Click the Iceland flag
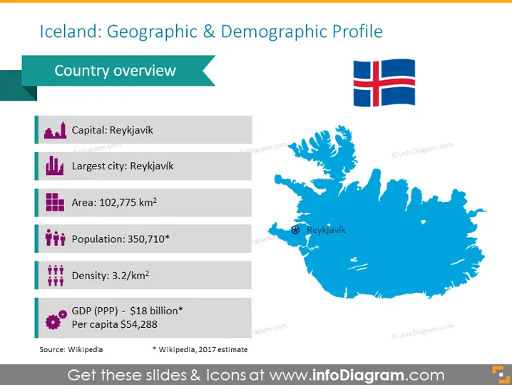pos(384,83)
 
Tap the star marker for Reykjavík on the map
pos(295,230)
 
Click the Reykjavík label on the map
pos(326,230)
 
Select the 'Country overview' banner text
pos(116,71)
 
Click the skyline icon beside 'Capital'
pos(55,130)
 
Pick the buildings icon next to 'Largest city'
pos(54,166)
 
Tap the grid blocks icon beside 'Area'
pos(55,202)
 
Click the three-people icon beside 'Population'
pos(55,238)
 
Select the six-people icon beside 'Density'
pos(56,276)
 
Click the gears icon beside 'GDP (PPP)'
pos(56,319)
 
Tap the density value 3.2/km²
pos(130,276)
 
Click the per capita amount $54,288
pos(139,324)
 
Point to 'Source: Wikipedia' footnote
pos(71,350)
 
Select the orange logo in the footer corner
pos(501,374)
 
